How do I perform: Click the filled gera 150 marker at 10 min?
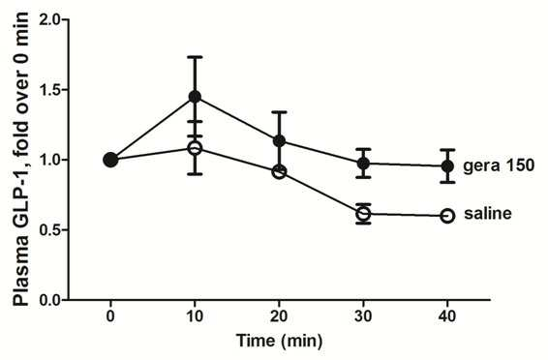point(195,97)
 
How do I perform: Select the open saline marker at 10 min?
point(195,148)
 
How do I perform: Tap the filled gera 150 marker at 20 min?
point(279,140)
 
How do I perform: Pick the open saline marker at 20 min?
point(279,172)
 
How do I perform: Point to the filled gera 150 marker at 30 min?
point(363,164)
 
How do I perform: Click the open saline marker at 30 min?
point(363,214)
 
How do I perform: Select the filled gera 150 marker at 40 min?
point(447,166)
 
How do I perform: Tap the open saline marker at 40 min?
point(447,216)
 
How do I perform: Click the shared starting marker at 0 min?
point(110,160)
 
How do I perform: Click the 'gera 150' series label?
point(499,165)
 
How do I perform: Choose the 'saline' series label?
point(488,213)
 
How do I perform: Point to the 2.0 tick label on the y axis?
point(50,19)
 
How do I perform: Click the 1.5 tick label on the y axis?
point(50,90)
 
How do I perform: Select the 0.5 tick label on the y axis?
point(50,230)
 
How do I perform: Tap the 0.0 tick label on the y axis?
point(50,300)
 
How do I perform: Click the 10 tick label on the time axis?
point(195,316)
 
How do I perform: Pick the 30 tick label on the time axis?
point(363,316)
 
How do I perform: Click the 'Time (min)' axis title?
point(279,341)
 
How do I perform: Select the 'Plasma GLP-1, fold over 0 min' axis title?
point(21,159)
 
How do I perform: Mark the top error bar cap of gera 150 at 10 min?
point(195,56)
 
